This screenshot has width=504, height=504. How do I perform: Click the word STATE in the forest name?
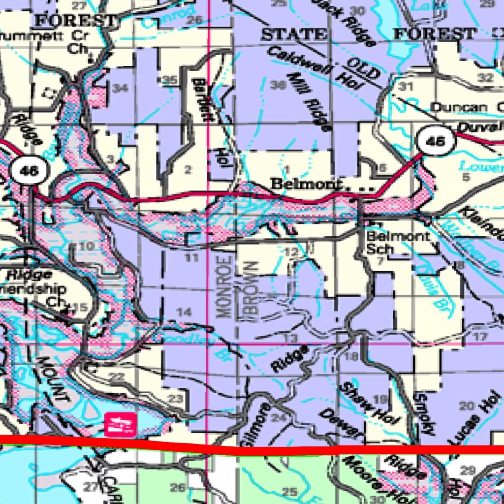pos(294,34)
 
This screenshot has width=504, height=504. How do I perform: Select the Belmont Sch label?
pos(398,242)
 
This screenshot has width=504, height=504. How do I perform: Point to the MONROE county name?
pos(223,286)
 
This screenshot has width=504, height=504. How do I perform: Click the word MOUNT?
pos(51,378)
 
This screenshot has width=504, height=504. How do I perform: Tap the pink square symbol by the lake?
pos(120,424)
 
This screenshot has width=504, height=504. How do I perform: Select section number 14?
pos(184,312)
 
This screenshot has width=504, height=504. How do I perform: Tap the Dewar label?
pos(341,423)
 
